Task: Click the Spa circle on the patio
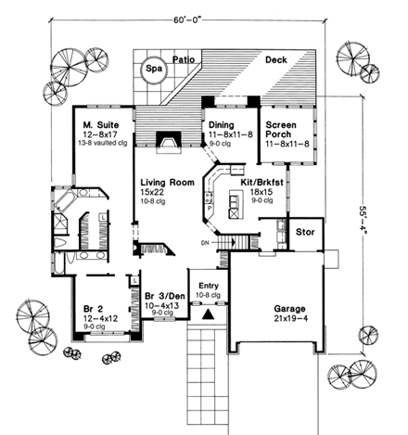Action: pos(152,68)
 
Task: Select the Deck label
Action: pos(275,59)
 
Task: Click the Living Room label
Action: pos(161,183)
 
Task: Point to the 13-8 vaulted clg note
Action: pos(101,143)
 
